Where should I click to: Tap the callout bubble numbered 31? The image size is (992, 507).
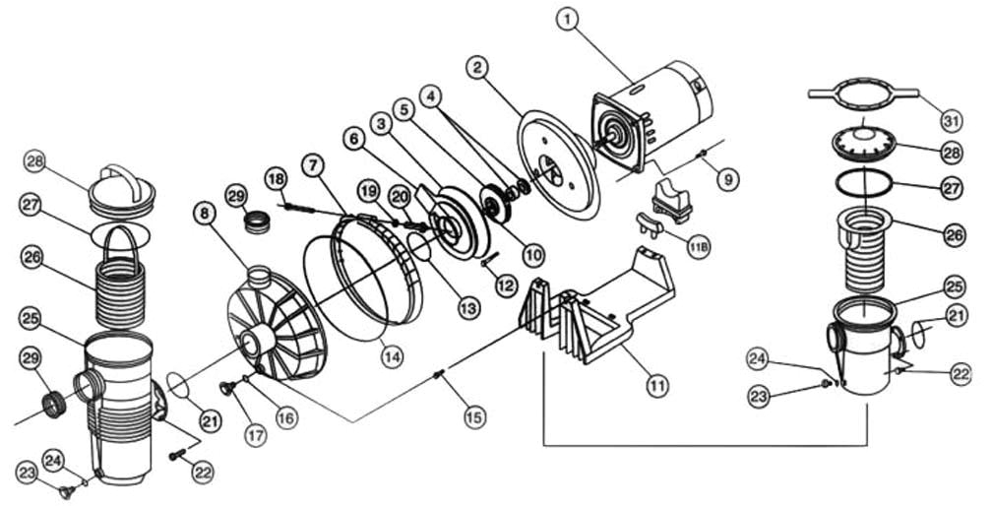pos(949,121)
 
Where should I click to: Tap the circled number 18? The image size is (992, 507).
pos(277,177)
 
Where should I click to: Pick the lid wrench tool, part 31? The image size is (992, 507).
pos(863,95)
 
